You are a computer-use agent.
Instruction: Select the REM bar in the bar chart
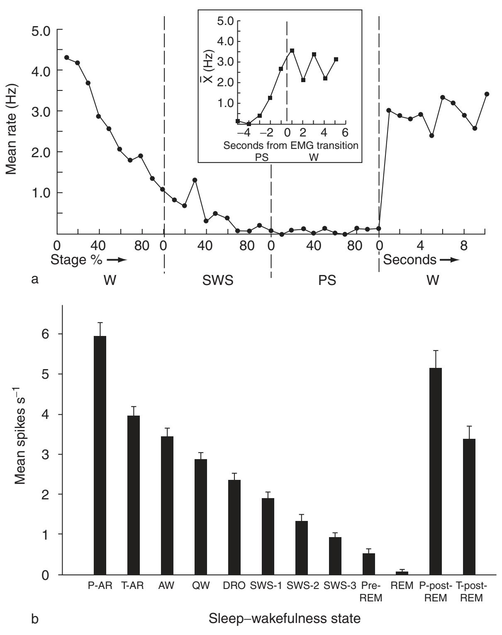[402, 573]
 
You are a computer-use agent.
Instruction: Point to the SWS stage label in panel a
[217, 281]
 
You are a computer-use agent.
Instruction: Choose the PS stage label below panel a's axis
[327, 281]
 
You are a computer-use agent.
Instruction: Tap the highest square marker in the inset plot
[292, 51]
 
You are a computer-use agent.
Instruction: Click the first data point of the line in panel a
[67, 57]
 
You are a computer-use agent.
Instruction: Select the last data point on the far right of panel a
[487, 94]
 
